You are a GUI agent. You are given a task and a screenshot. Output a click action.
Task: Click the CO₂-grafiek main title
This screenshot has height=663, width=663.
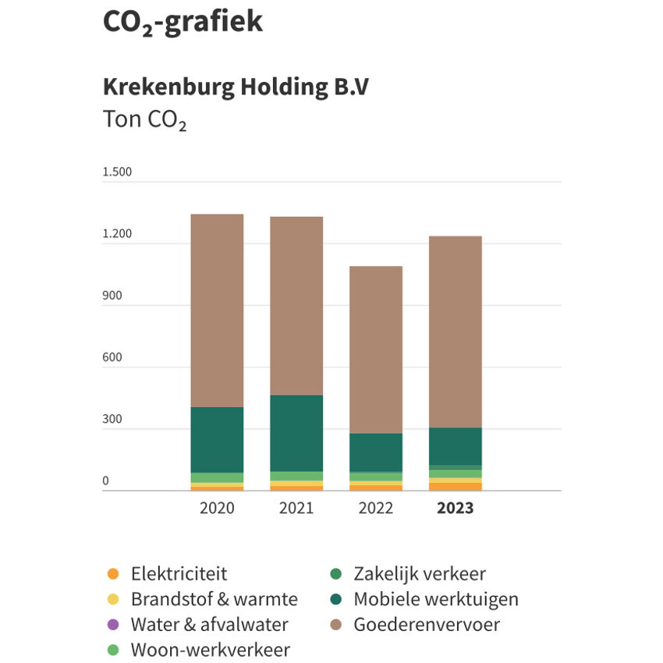tap(183, 22)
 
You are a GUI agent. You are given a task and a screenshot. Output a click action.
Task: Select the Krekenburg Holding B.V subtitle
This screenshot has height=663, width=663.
tap(236, 87)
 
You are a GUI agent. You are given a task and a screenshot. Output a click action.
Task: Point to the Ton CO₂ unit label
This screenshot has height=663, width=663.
tap(144, 121)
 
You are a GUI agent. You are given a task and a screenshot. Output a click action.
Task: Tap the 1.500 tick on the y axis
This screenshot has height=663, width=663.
tap(117, 172)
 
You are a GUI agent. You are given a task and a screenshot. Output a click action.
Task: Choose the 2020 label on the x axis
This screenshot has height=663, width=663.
tap(217, 509)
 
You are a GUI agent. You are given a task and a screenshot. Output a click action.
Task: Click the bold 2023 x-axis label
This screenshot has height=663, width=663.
tap(455, 509)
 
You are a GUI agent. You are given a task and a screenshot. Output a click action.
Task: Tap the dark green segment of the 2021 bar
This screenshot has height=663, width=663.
tap(296, 433)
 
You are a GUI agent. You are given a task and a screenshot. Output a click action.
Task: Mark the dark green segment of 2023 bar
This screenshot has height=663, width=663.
tap(455, 446)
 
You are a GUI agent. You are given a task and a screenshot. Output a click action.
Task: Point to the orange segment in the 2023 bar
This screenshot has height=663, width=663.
tap(455, 487)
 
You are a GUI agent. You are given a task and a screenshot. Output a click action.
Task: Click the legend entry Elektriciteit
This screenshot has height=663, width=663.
tap(179, 574)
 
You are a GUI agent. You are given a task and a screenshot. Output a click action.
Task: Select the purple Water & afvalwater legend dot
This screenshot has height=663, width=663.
tap(113, 625)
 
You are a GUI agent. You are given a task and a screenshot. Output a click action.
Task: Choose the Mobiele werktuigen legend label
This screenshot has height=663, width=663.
tap(435, 599)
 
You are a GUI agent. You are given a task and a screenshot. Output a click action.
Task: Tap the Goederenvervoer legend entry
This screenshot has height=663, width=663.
tap(426, 625)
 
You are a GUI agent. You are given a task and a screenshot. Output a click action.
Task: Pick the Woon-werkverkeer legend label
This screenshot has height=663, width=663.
tap(210, 650)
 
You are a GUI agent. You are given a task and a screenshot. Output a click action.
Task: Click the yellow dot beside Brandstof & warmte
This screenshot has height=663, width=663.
tap(113, 600)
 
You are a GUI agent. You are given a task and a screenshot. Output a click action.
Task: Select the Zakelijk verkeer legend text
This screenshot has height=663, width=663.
tap(419, 574)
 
